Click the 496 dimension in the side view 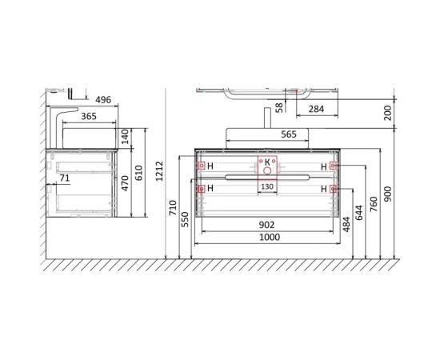103,100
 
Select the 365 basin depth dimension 89,116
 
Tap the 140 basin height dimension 125,136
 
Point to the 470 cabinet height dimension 125,183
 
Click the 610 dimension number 139,173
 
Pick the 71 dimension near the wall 65,178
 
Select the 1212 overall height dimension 159,171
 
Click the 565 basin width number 289,134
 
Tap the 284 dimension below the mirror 316,109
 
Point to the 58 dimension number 279,107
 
